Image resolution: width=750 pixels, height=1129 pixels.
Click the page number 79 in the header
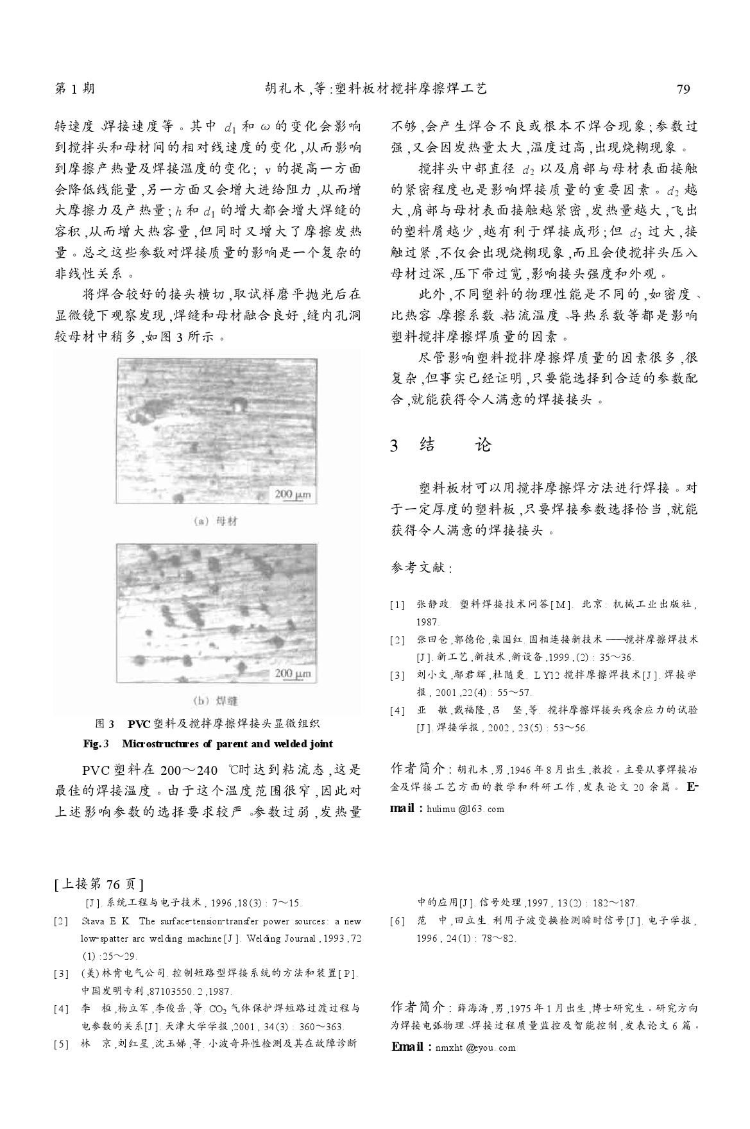[683, 89]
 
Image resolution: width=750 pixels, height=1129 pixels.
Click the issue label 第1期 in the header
[75, 89]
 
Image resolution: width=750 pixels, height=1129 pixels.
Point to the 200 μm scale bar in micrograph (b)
[293, 674]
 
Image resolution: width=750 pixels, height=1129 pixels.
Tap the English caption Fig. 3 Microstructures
[208, 743]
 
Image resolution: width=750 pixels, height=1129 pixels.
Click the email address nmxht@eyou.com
[475, 1048]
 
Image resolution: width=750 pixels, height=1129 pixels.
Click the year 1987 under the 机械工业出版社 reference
[428, 622]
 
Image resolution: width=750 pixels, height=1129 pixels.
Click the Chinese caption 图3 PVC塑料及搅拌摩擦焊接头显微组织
[208, 724]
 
